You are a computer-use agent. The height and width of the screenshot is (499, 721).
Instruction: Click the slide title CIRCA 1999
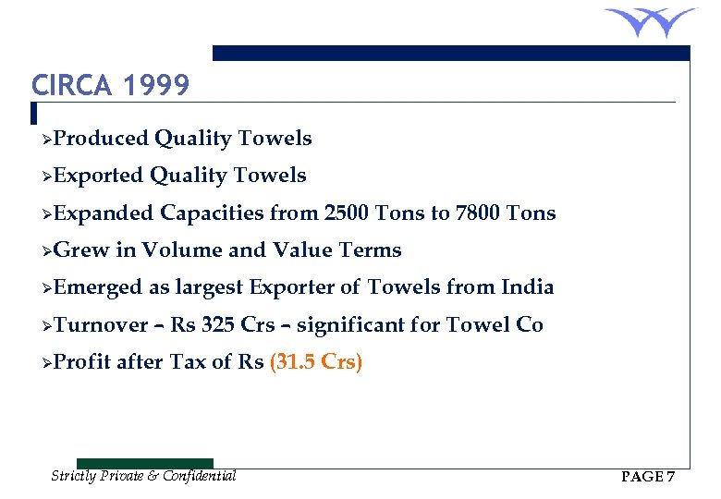(x=110, y=86)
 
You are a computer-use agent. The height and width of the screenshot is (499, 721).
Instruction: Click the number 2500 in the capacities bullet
(x=348, y=213)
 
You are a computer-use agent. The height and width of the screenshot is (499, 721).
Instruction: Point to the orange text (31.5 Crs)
(x=315, y=362)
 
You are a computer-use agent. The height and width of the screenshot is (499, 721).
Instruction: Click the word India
(x=527, y=287)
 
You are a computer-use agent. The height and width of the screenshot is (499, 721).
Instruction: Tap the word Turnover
(x=101, y=324)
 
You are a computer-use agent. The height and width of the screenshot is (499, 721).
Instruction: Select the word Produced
(x=101, y=139)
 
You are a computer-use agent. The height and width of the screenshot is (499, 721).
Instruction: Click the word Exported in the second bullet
(x=98, y=176)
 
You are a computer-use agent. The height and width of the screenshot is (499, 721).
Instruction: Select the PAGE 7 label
(x=648, y=477)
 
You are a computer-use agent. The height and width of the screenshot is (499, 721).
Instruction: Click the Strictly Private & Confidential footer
(x=143, y=476)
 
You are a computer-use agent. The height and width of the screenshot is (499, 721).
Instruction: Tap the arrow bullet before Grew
(x=46, y=250)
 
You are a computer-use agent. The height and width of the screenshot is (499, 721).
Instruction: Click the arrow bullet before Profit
(x=46, y=362)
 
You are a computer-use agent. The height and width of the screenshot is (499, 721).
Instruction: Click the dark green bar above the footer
(x=144, y=463)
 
